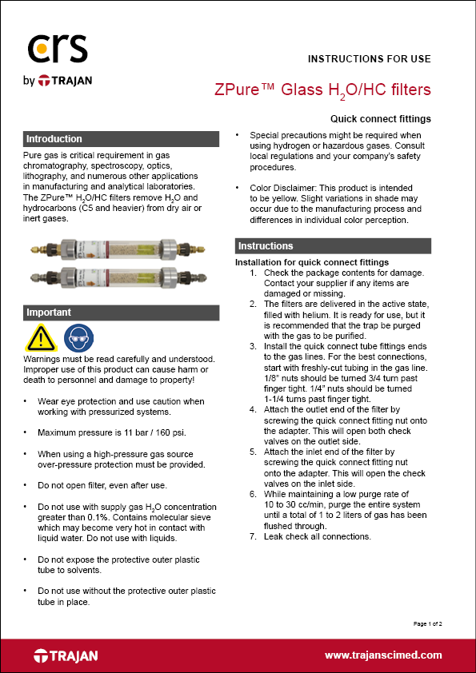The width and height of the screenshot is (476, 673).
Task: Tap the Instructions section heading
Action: (333, 246)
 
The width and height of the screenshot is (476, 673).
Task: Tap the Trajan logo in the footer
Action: (66, 655)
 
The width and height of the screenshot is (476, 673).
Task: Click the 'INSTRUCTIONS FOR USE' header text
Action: (369, 59)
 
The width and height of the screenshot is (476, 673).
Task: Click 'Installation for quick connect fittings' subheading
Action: (312, 262)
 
